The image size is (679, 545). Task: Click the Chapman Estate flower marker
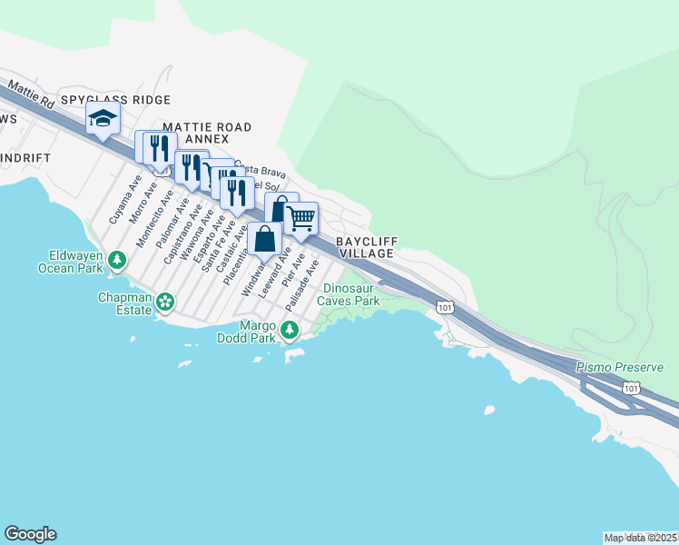click(164, 302)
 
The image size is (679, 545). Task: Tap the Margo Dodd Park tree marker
click(289, 330)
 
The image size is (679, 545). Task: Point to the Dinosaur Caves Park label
click(349, 294)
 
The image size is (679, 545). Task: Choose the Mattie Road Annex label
click(207, 132)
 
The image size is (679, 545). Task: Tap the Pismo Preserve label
click(620, 368)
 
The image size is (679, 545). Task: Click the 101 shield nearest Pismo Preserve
click(631, 388)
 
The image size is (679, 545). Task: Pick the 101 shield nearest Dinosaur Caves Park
click(444, 307)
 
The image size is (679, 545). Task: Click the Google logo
click(30, 534)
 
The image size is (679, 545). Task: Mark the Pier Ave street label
click(291, 270)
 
